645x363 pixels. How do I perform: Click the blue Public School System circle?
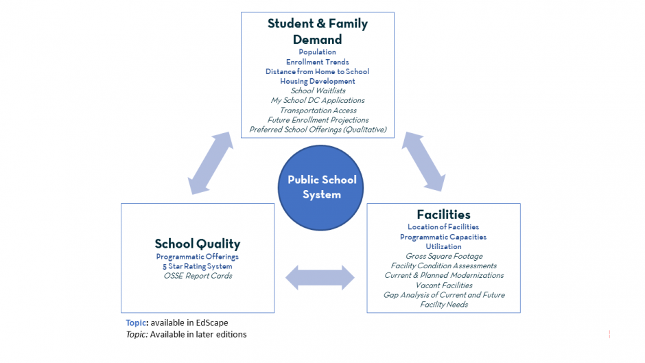click(x=321, y=187)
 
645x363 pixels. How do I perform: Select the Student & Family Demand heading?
click(x=318, y=32)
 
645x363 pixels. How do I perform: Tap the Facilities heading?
click(x=443, y=214)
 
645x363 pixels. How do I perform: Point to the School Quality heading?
click(x=198, y=244)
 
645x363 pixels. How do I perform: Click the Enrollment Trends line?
click(x=318, y=62)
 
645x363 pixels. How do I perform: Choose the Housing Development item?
click(x=318, y=82)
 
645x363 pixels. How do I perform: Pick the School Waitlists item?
click(x=318, y=91)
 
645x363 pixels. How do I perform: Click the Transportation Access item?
click(x=318, y=110)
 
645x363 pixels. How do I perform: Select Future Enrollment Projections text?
click(x=318, y=120)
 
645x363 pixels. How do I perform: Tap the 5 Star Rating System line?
click(x=198, y=266)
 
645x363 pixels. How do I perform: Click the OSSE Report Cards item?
click(x=198, y=276)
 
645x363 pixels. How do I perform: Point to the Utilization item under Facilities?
click(x=443, y=246)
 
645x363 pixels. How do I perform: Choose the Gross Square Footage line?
click(x=444, y=257)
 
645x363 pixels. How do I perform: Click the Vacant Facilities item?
click(x=444, y=285)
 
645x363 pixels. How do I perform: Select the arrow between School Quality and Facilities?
click(x=320, y=278)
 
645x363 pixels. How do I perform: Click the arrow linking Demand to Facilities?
click(x=423, y=162)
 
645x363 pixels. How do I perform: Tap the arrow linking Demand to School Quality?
click(x=211, y=163)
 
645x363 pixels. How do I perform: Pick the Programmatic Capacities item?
click(x=443, y=237)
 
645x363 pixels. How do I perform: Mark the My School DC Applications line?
click(x=318, y=101)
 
